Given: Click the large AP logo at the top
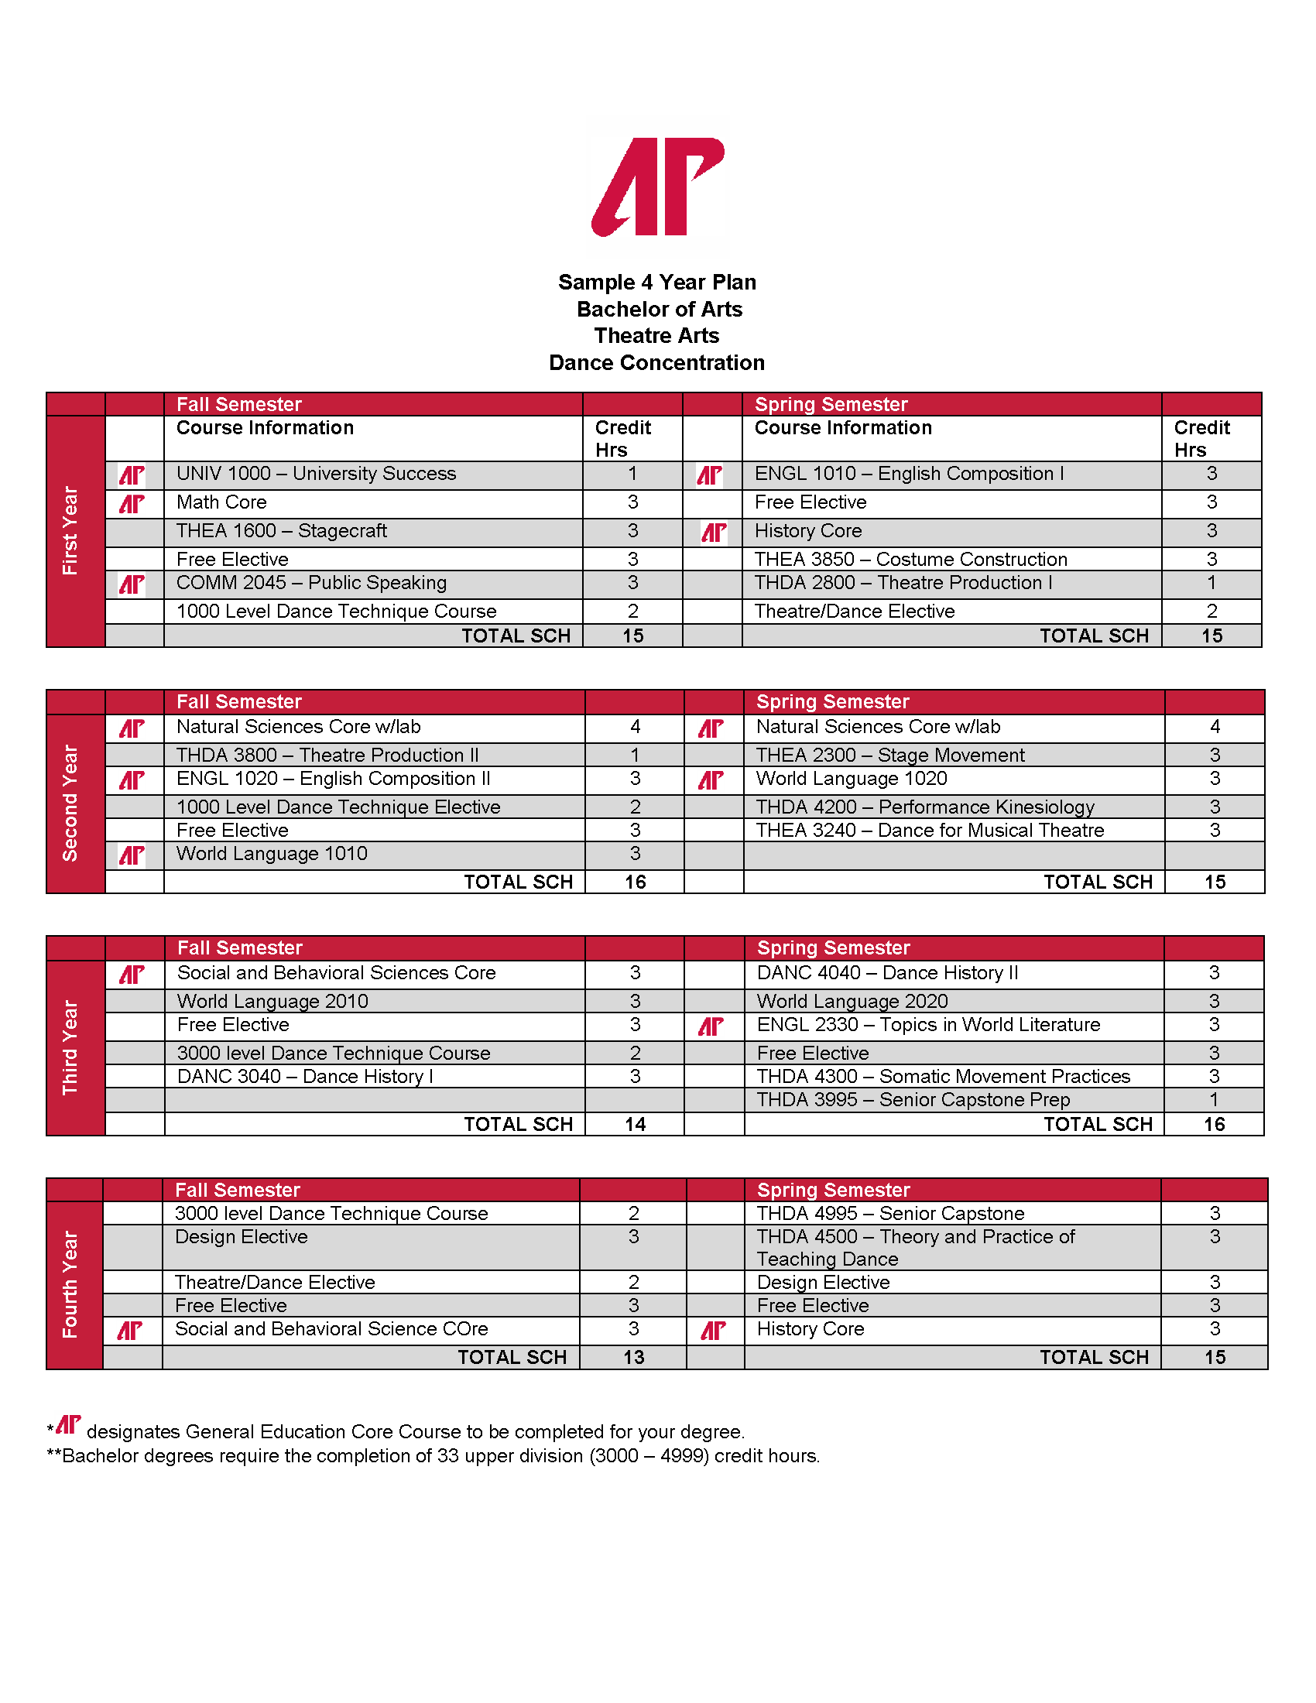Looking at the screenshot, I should tap(658, 187).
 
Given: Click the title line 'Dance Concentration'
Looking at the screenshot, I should tap(656, 362).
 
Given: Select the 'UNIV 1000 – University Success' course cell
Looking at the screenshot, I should tap(316, 474).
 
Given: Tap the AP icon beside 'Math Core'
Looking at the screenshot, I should tap(132, 504).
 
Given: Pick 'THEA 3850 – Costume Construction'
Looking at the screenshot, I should tap(910, 559).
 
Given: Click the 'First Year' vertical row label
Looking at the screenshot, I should tap(71, 531).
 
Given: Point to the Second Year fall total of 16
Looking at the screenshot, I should tap(635, 882).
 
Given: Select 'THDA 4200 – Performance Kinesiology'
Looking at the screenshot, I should tap(924, 807).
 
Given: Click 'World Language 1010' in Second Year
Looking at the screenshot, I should tap(271, 854).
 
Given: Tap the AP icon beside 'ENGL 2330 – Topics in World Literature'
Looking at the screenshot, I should tap(710, 1026).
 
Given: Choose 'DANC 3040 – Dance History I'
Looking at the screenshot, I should tap(305, 1077).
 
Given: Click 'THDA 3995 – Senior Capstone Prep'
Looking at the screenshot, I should tap(913, 1100).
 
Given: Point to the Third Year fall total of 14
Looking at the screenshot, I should tap(635, 1125).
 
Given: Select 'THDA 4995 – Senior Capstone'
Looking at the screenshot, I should tap(890, 1213).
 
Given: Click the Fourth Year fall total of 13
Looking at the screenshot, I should tap(633, 1358).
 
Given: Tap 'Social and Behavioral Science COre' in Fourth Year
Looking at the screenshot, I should tap(331, 1328).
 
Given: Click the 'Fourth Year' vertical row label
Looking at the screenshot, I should tap(71, 1284).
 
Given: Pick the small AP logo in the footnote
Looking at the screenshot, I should tap(69, 1424).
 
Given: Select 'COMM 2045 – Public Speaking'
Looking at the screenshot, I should tap(311, 583).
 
